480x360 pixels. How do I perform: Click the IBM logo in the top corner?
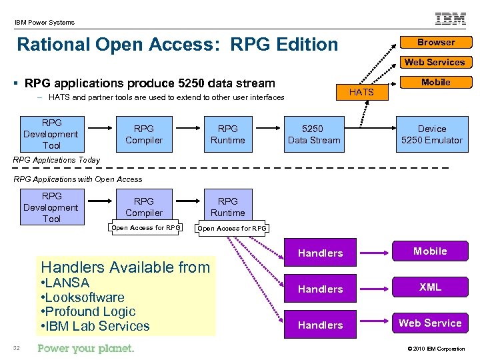451,19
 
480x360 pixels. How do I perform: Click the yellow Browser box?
436,42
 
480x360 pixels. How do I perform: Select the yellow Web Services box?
435,62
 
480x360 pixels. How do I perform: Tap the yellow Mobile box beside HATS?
435,82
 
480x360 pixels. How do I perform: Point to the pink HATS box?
361,92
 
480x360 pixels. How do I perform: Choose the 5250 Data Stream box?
313,134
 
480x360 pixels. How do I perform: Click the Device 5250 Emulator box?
431,134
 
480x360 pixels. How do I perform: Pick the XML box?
430,287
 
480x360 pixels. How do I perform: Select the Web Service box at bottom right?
430,323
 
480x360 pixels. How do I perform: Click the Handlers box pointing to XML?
320,289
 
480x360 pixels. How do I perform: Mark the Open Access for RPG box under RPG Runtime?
232,229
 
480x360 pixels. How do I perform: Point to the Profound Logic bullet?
89,311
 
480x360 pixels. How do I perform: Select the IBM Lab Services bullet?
97,326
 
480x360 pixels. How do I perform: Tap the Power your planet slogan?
86,348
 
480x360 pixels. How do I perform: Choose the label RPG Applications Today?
57,160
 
